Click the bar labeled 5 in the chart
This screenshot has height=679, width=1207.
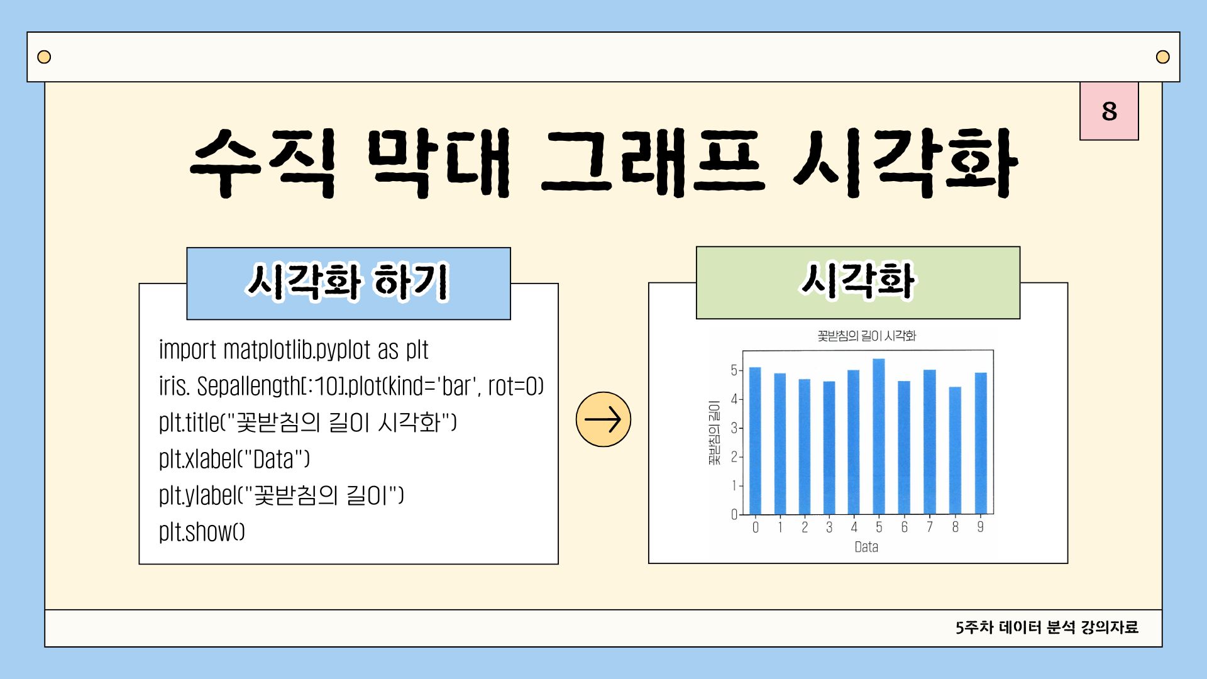(879, 436)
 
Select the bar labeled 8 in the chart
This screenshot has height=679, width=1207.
(955, 450)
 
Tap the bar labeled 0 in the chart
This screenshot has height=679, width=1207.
(755, 441)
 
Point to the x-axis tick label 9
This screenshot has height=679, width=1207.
(980, 527)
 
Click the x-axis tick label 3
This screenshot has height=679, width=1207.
(829, 527)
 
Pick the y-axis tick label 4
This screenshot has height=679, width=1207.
(734, 399)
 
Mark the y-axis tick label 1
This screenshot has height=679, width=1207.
(734, 486)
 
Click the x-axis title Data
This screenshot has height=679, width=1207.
(866, 547)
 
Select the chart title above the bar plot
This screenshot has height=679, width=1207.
(867, 336)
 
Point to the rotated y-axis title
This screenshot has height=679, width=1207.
(714, 433)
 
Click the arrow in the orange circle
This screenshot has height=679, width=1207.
(603, 419)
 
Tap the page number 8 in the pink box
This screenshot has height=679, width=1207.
(1109, 111)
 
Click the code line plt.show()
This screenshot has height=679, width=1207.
(202, 532)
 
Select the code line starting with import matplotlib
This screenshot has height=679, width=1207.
(294, 350)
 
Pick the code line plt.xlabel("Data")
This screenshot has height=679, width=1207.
(234, 459)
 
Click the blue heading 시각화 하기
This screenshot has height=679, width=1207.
(348, 282)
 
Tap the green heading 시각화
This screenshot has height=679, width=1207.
(858, 280)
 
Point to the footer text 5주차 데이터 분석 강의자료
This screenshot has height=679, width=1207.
(1047, 627)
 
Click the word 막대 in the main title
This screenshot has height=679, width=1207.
(439, 163)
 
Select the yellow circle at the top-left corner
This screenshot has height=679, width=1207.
(44, 57)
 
